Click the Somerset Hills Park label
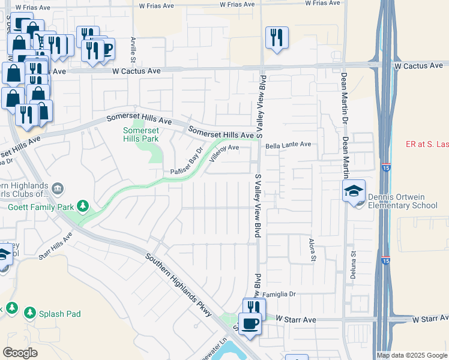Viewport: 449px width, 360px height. tap(140, 134)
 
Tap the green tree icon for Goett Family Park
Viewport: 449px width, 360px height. tap(83, 207)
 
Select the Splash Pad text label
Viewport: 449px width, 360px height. tap(59, 313)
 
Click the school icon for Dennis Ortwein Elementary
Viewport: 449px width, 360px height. tap(354, 191)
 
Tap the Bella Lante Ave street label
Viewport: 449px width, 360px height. tap(289, 145)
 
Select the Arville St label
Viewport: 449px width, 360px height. tap(133, 50)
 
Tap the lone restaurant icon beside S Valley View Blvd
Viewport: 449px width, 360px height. tap(277, 37)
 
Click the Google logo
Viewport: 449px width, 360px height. tap(20, 353)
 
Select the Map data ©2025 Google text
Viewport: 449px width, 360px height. tap(412, 355)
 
